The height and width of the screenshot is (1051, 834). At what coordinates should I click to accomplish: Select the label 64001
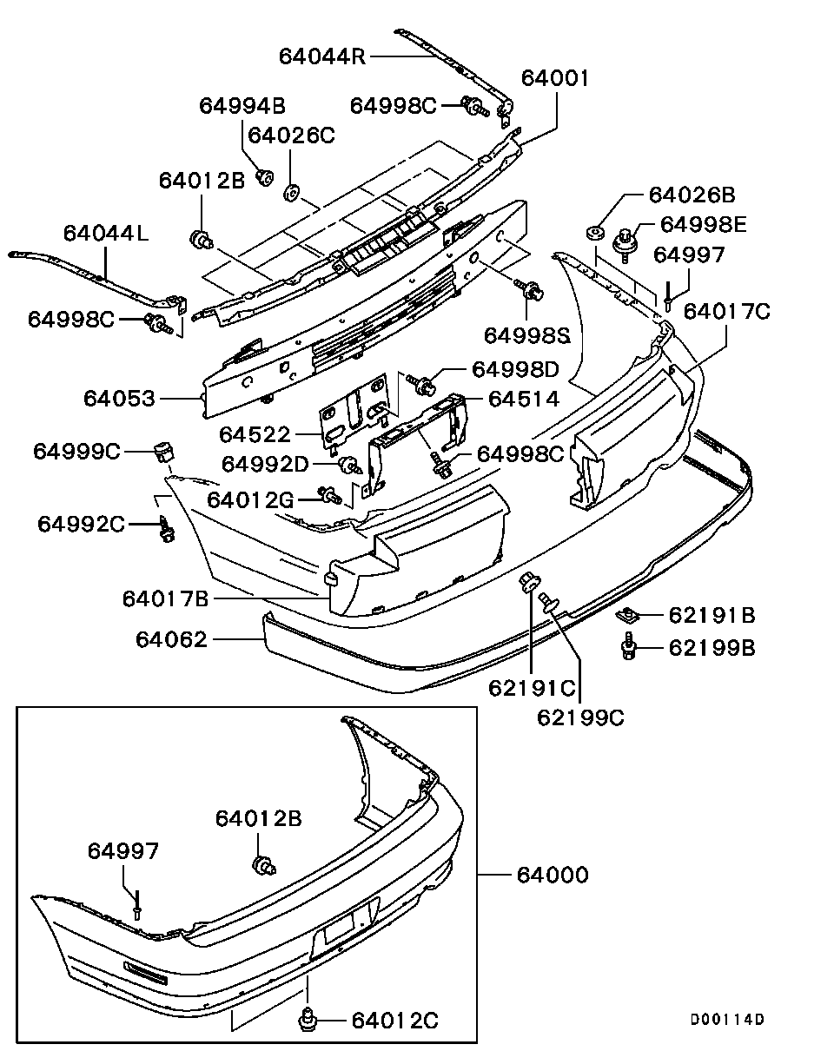(555, 78)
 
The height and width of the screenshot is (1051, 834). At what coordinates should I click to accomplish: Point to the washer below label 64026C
(292, 189)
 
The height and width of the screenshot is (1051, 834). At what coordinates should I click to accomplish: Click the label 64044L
(105, 234)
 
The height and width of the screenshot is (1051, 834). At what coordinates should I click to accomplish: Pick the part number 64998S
(527, 334)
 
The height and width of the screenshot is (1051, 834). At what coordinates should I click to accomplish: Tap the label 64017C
(726, 311)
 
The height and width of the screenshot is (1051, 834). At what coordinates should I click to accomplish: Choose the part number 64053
(119, 399)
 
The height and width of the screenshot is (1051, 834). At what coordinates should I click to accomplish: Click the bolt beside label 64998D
(426, 384)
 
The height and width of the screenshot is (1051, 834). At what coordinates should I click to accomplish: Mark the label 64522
(255, 433)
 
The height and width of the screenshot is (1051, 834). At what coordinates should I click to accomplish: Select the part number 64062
(171, 640)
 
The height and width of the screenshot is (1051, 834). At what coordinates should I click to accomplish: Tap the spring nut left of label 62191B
(627, 616)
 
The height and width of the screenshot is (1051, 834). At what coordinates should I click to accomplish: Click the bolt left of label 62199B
(627, 648)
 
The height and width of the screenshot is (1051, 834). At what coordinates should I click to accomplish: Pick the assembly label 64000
(552, 874)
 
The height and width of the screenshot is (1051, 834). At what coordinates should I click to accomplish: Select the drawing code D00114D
(727, 1020)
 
